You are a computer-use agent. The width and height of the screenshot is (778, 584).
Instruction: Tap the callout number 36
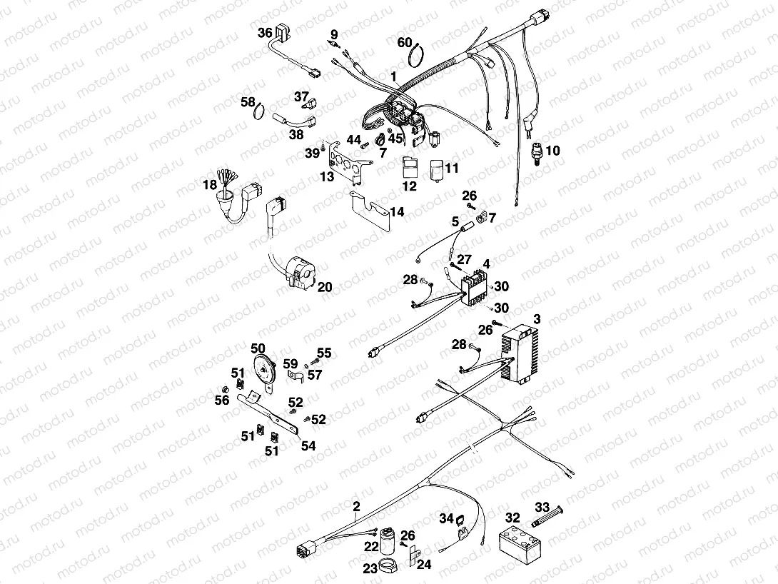tap(265, 33)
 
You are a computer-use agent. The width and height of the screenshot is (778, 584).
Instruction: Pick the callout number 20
tap(324, 287)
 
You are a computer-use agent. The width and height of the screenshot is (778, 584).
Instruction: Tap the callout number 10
tap(553, 150)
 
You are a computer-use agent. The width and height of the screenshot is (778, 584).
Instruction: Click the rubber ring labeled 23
tap(390, 568)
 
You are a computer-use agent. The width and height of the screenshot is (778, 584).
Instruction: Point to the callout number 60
tap(405, 42)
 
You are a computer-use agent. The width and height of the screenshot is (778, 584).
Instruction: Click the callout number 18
tap(209, 185)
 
